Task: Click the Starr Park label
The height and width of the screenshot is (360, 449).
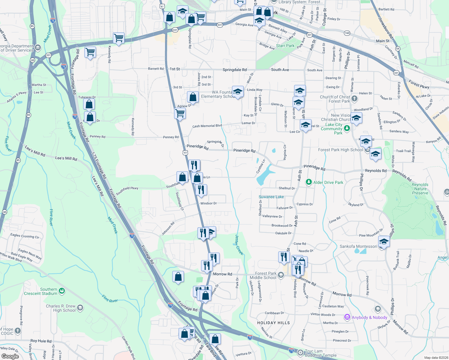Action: pyautogui.click(x=285, y=46)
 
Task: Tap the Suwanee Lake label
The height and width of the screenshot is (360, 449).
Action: pyautogui.click(x=271, y=197)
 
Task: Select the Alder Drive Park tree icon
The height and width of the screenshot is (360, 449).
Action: pyautogui.click(x=309, y=182)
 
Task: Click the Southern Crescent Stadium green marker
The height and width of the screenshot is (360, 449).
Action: pyautogui.click(x=62, y=291)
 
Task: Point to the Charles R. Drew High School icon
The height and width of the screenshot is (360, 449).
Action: pyautogui.click(x=80, y=307)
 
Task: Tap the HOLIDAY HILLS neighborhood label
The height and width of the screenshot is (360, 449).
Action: pyautogui.click(x=273, y=323)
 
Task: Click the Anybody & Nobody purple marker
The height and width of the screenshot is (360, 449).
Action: pyautogui.click(x=347, y=317)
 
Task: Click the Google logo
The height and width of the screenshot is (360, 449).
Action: pyautogui.click(x=10, y=356)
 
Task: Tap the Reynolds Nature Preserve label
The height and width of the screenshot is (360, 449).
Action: pyautogui.click(x=420, y=189)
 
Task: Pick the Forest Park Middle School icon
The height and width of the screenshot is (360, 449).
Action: pyautogui.click(x=281, y=275)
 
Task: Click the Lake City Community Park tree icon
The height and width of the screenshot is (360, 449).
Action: pyautogui.click(x=347, y=128)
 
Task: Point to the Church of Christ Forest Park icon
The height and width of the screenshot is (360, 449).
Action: pyautogui.click(x=354, y=98)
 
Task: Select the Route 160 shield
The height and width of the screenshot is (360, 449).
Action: pyautogui.click(x=347, y=33)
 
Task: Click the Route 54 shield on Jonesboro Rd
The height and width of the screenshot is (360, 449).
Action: pyautogui.click(x=398, y=49)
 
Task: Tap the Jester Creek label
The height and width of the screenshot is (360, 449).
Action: pyautogui.click(x=239, y=244)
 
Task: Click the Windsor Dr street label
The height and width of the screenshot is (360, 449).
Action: pyautogui.click(x=208, y=203)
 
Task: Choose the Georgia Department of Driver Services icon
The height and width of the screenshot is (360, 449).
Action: pyautogui.click(x=38, y=47)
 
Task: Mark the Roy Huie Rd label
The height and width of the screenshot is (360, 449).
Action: pyautogui.click(x=41, y=341)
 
